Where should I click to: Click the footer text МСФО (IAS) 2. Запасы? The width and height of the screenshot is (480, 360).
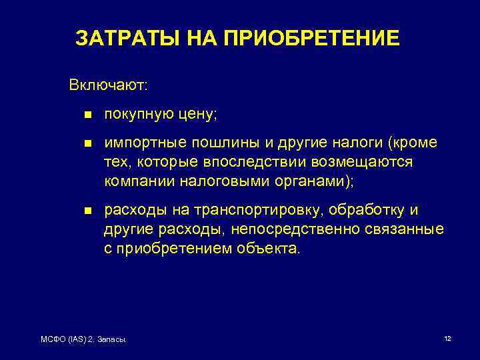tap(84, 340)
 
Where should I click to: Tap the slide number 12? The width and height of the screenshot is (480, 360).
tap(447, 339)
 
